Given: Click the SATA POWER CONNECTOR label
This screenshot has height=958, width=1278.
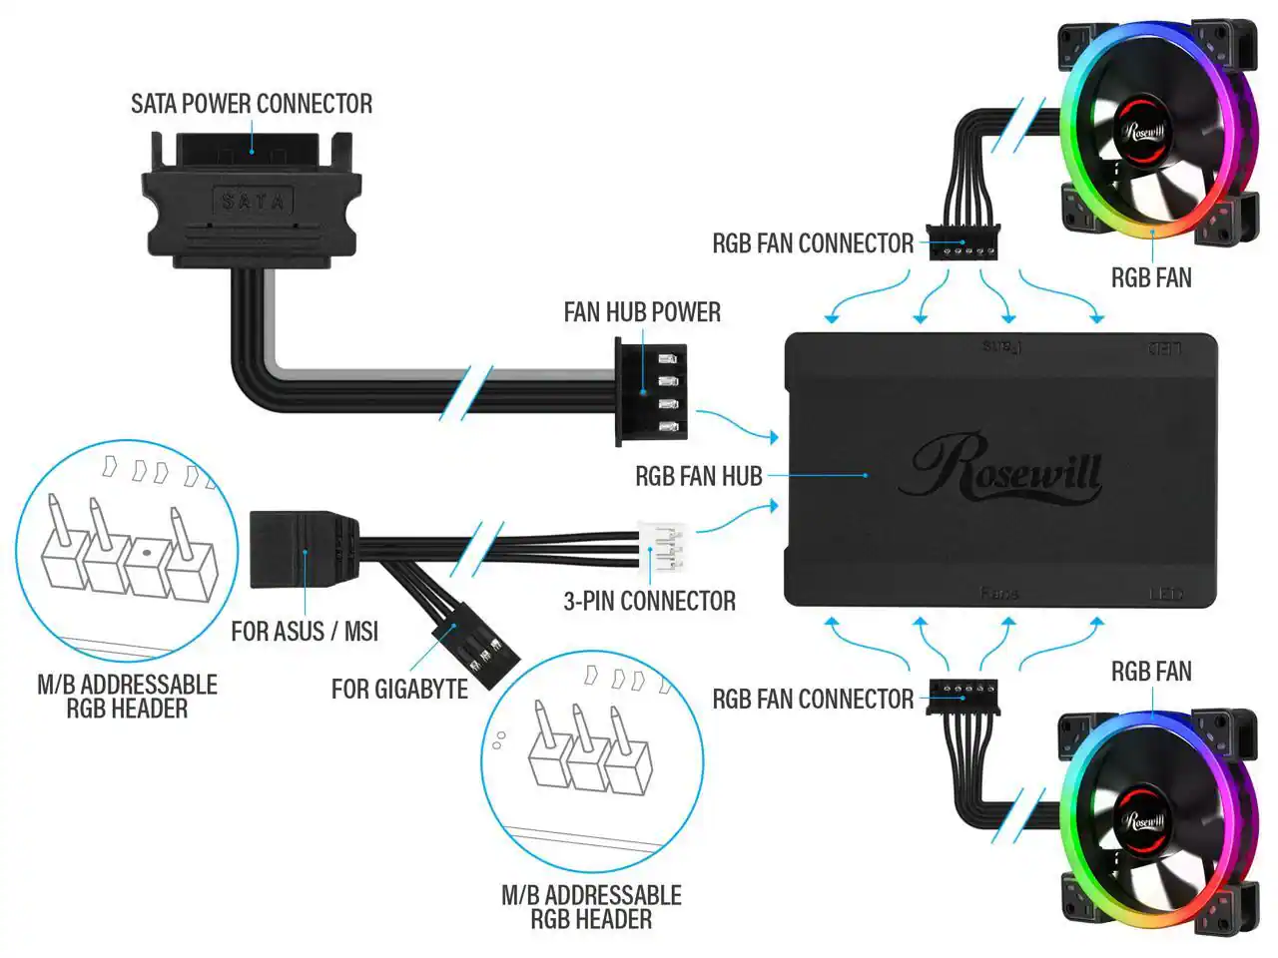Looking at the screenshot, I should (x=252, y=104).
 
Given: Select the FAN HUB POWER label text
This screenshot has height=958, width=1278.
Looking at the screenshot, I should (x=642, y=312).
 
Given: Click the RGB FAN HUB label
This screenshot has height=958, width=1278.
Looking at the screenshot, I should (x=698, y=477).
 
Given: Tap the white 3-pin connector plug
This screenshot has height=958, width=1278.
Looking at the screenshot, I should (x=661, y=547).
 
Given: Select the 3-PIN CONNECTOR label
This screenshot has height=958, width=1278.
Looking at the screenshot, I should (x=649, y=601).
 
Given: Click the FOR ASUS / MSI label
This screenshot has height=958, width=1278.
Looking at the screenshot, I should (x=305, y=632).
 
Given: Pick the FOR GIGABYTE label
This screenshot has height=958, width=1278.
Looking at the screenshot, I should (x=399, y=690).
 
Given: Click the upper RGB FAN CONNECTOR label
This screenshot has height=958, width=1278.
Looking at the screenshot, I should (x=812, y=243).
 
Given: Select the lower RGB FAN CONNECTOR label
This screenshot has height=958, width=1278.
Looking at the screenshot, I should (x=812, y=700).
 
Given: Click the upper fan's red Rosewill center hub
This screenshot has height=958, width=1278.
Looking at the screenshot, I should (x=1144, y=130).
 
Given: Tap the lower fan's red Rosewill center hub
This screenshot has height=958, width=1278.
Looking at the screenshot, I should (x=1144, y=820).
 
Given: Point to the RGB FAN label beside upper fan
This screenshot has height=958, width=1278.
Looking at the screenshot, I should (x=1151, y=277).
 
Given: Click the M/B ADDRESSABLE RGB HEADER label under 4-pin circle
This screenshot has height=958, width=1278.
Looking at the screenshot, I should (x=127, y=697).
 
